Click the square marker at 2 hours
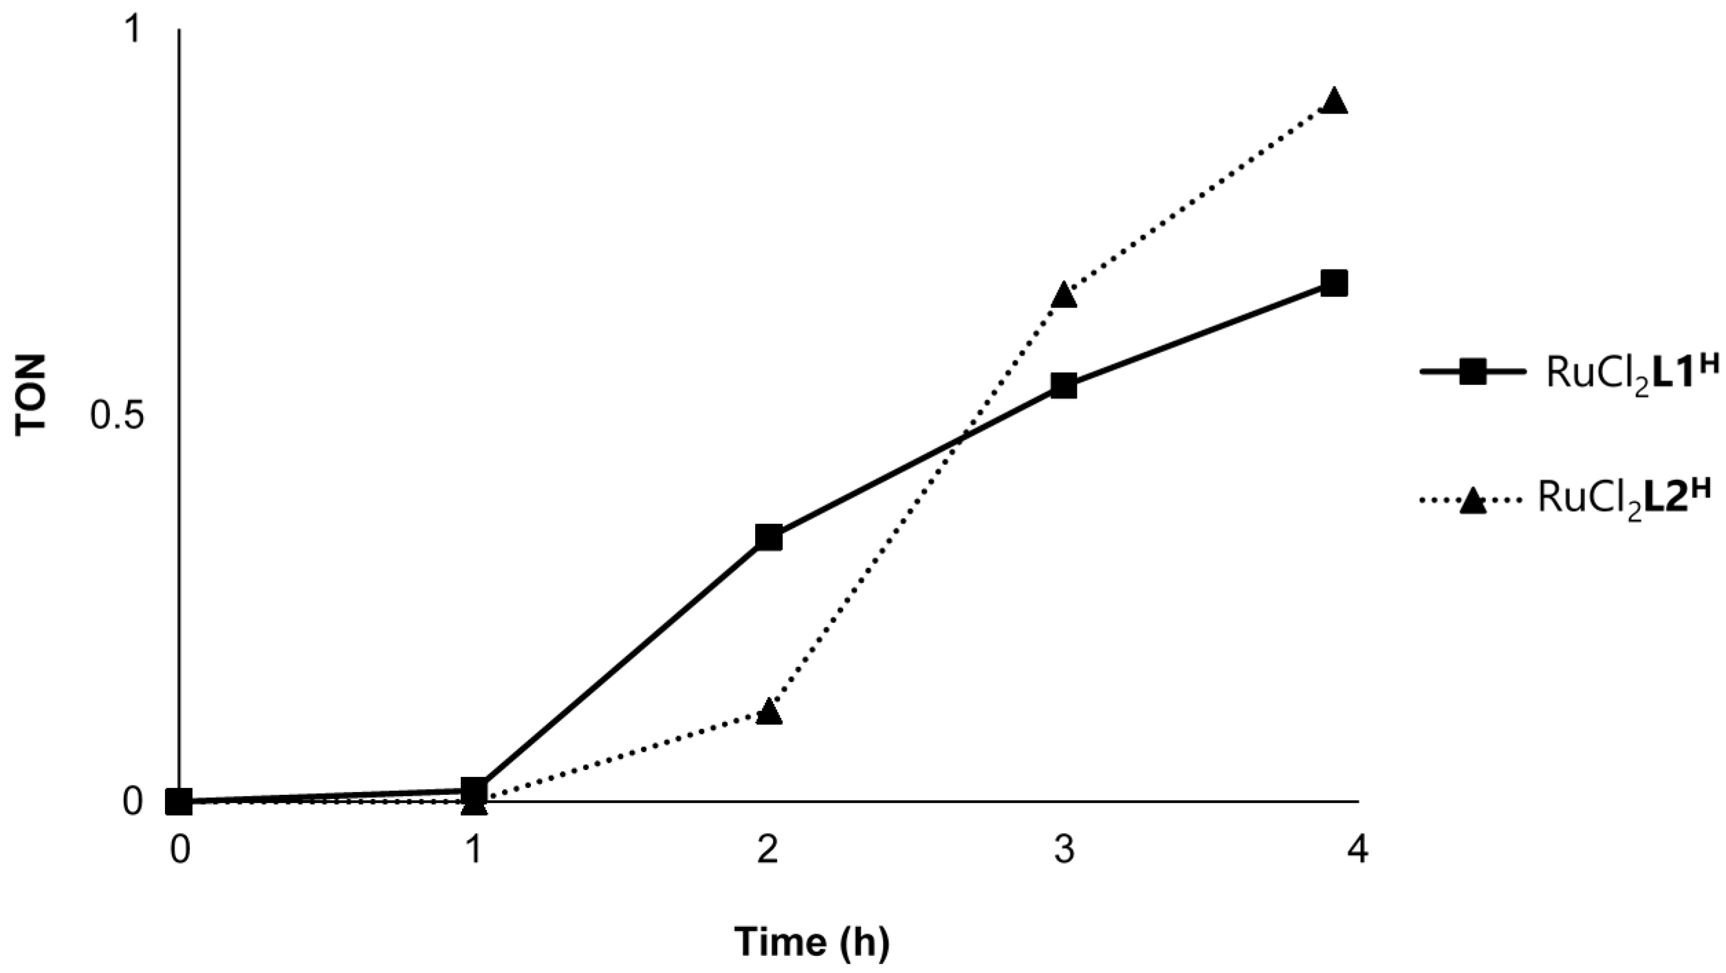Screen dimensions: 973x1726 tap(768, 538)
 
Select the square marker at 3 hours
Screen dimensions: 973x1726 tap(1063, 386)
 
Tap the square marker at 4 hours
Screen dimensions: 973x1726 tap(1334, 283)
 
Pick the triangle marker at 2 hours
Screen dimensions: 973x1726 tap(768, 712)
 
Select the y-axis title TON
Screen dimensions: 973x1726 tap(30, 395)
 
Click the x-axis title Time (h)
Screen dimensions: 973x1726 tap(811, 942)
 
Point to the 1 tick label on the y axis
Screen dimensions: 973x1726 tap(131, 31)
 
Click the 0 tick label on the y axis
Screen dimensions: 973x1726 tap(132, 802)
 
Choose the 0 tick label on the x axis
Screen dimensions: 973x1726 tap(180, 851)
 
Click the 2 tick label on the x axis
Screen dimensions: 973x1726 tap(768, 851)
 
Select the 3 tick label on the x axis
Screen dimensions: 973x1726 tap(1064, 851)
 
